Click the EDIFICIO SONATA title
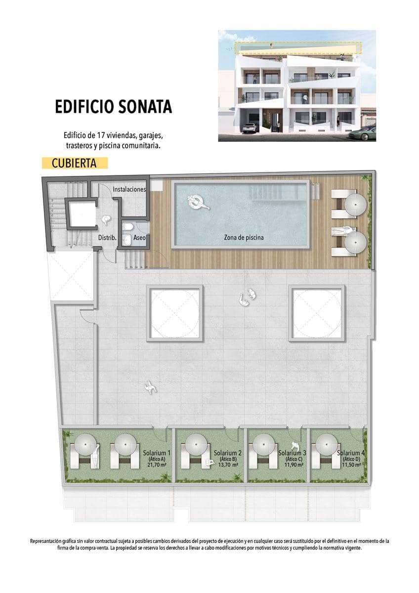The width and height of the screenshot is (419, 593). (113, 106)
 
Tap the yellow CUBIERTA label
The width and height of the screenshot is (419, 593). (74, 163)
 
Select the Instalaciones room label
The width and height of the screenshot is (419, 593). (129, 189)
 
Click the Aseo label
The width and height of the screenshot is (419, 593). (139, 238)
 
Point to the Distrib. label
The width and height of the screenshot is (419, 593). (107, 238)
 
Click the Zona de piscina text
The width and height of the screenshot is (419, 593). (244, 238)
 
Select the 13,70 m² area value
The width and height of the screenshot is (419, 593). (228, 465)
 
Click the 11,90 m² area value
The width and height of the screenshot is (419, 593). (292, 465)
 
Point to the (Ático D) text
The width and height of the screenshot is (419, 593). (351, 460)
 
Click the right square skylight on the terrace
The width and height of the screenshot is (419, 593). (317, 313)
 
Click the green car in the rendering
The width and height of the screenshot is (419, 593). (364, 133)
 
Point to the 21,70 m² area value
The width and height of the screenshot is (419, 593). (156, 465)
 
